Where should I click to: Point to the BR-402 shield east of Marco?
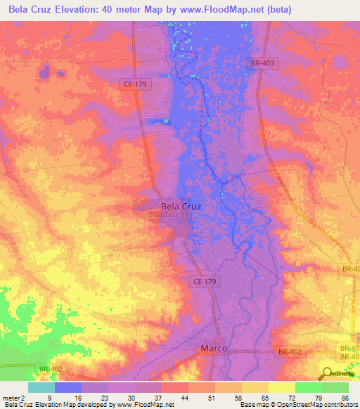tap(288, 351)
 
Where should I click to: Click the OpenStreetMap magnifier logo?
tap(328, 374)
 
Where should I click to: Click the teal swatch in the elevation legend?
tap(41, 387)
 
